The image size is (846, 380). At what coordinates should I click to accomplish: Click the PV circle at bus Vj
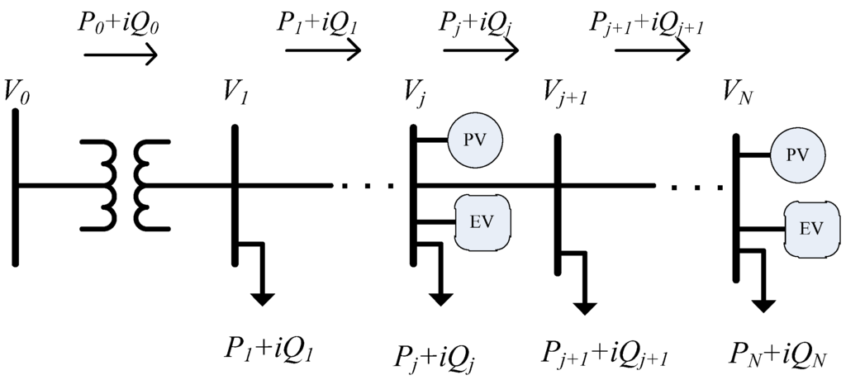(x=474, y=140)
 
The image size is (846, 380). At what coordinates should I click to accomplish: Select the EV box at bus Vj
(x=483, y=221)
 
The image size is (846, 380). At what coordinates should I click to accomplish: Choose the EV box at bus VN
(x=811, y=227)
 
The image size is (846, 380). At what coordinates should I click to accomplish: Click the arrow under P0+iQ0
(x=121, y=55)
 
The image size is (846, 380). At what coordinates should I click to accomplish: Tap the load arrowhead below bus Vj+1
(x=585, y=306)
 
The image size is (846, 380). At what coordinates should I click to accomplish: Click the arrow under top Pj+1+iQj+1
(x=652, y=51)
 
